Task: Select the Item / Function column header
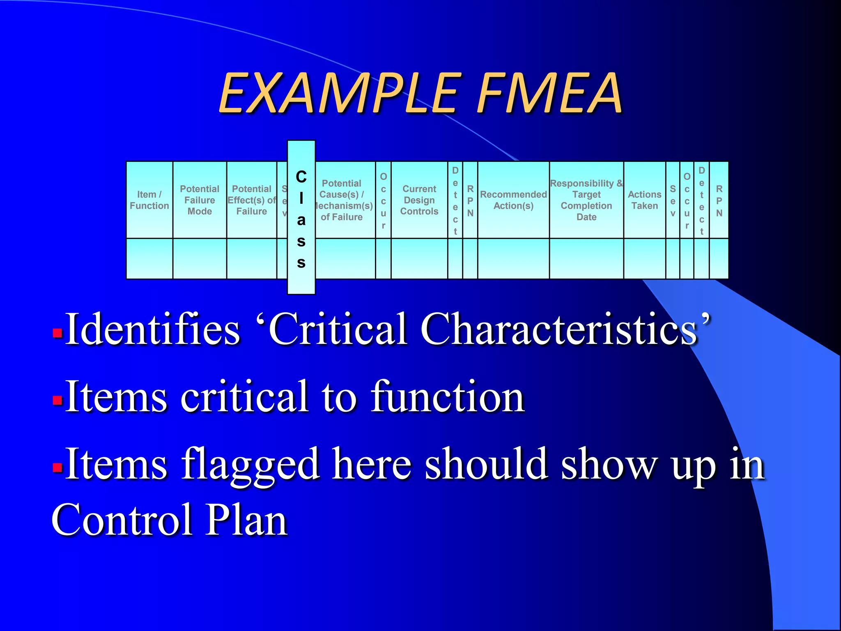[x=149, y=200]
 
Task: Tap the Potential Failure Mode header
[x=200, y=200]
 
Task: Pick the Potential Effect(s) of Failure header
[x=252, y=200]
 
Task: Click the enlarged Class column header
[x=301, y=218]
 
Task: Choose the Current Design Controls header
[x=419, y=200]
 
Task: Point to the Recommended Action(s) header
[x=513, y=200]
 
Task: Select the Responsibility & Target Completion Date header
[x=586, y=200]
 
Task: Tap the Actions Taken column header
[x=645, y=200]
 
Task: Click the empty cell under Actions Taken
[x=645, y=259]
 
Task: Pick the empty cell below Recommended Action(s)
[x=513, y=259]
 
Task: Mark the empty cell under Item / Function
[x=149, y=259]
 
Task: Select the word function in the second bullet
[x=448, y=397]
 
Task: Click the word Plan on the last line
[x=246, y=520]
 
